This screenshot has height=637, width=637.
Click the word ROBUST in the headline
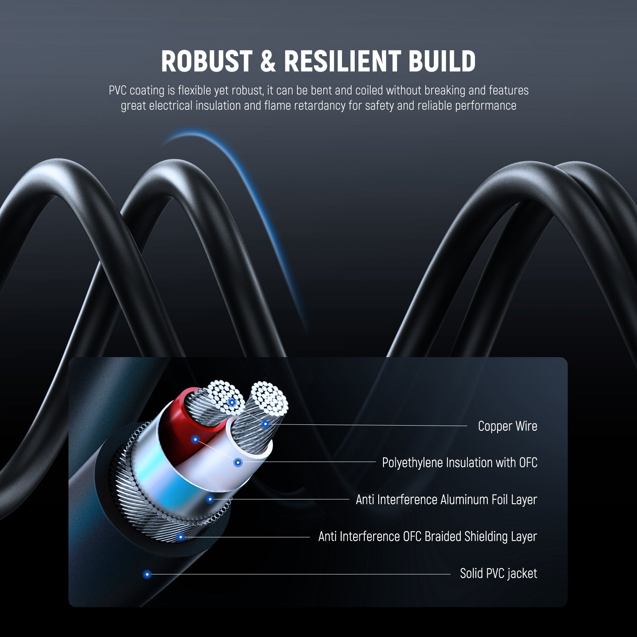[x=206, y=62]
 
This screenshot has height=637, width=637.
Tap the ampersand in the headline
[x=268, y=62]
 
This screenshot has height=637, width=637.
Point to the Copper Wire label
[x=507, y=426]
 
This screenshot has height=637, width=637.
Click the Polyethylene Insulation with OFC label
[x=459, y=463]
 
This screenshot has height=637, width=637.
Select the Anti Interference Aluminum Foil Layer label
[x=446, y=500]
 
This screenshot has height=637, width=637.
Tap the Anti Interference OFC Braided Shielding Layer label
[x=428, y=537]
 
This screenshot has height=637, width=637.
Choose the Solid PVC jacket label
[x=498, y=574]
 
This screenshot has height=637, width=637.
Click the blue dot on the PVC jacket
[x=147, y=574]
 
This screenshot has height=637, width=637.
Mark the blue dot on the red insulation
[x=195, y=440]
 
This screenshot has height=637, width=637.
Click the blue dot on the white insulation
[x=238, y=463]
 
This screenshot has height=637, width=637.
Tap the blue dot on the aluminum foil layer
[x=210, y=499]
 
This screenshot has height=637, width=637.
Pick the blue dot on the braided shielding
[x=180, y=537]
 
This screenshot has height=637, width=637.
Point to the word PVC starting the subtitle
[x=117, y=91]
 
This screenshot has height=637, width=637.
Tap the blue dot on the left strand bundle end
[x=232, y=403]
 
